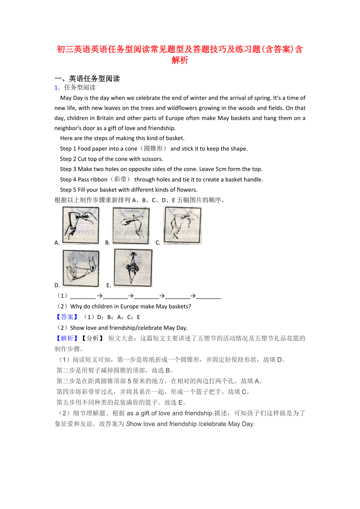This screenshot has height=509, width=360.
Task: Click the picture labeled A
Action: pos(81,226)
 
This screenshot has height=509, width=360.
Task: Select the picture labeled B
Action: pos(131,226)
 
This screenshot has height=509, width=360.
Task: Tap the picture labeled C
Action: pos(182,225)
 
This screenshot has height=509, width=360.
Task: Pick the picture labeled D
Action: pos(81,269)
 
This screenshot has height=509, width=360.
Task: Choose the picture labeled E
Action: pos(133,268)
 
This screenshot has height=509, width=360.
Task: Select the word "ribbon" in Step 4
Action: pos(99,180)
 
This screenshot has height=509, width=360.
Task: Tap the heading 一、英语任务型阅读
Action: pos(87,79)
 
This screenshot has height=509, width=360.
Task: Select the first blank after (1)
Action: pos(83,296)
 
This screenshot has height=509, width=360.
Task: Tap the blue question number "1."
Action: pos(57,88)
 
